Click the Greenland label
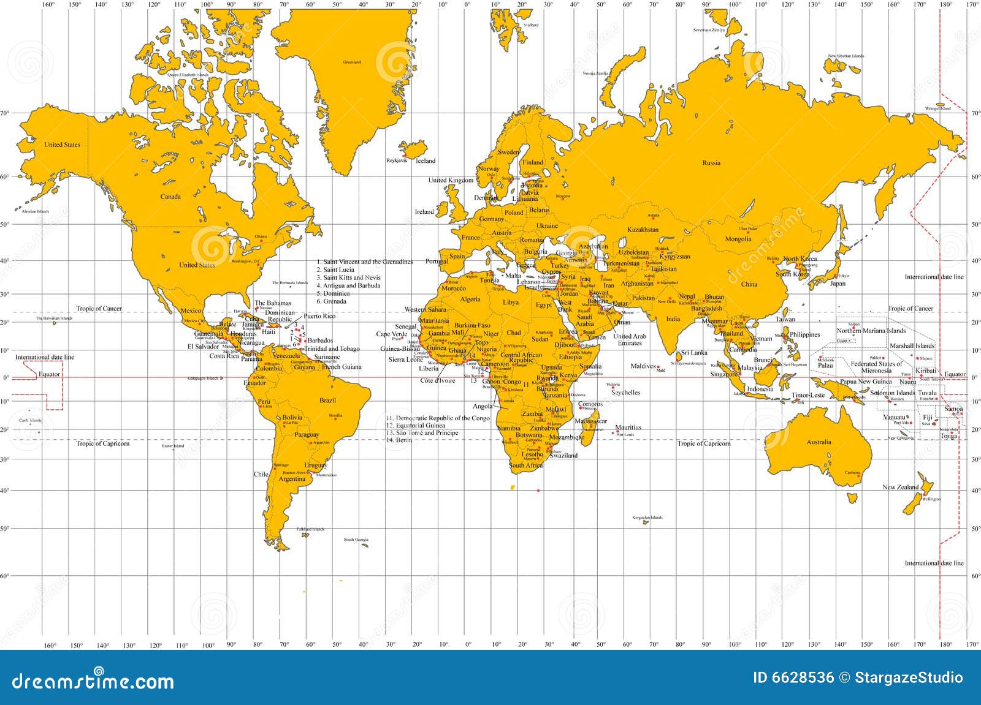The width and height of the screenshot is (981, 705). click(352, 62)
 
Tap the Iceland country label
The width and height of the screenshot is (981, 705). click(426, 161)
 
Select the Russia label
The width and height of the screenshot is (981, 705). click(711, 163)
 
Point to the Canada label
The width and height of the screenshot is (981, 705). click(170, 197)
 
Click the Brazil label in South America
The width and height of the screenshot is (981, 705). click(328, 401)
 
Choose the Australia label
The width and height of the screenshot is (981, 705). click(819, 442)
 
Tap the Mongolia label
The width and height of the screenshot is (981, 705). click(738, 239)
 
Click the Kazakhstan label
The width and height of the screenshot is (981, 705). click(643, 230)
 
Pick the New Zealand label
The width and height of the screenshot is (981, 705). click(901, 488)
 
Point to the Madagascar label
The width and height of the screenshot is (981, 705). click(591, 421)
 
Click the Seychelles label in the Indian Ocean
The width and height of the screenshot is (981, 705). click(625, 393)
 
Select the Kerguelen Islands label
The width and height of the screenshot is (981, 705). click(647, 518)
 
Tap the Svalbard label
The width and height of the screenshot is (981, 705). click(531, 25)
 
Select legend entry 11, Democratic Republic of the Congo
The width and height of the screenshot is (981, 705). click(438, 418)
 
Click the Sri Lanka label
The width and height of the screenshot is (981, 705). click(695, 353)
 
